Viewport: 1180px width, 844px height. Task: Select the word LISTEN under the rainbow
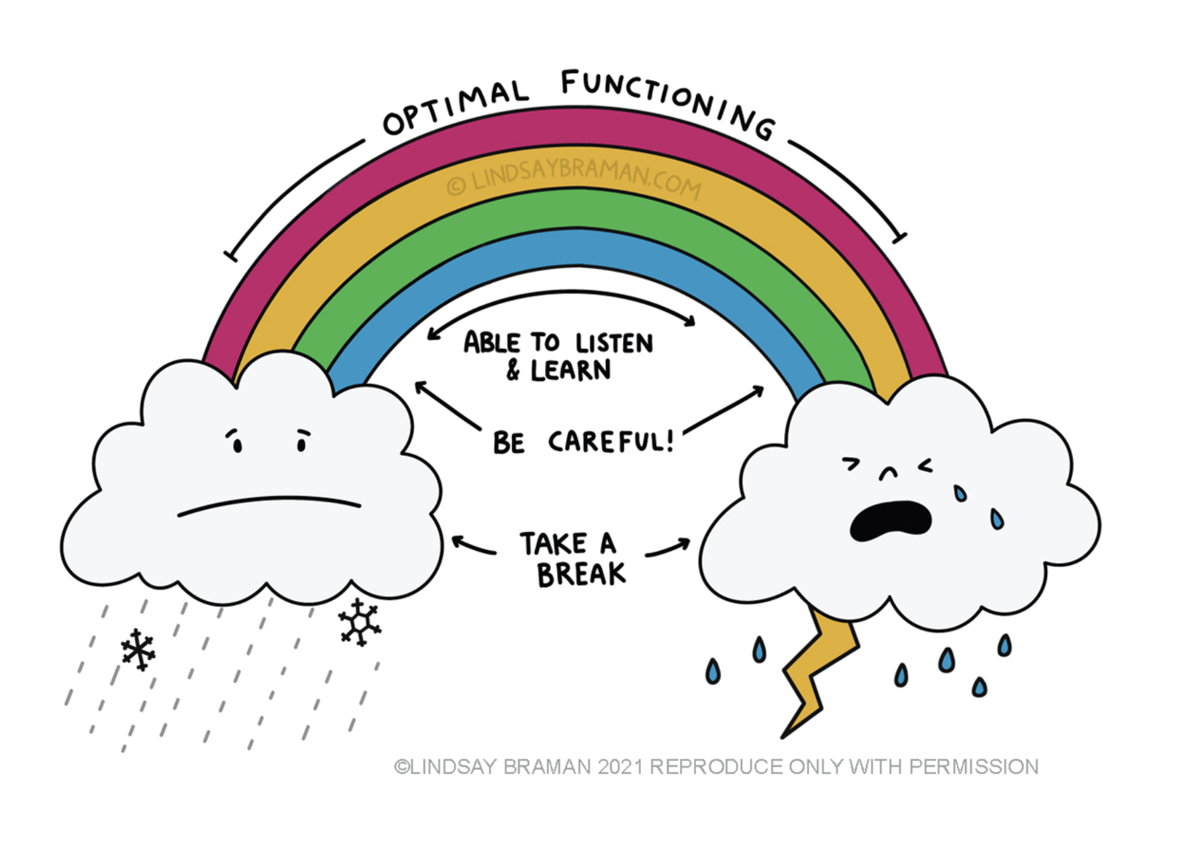tap(614, 343)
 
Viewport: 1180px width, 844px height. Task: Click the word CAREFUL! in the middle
tap(611, 441)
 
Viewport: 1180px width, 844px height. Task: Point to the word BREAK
tap(581, 574)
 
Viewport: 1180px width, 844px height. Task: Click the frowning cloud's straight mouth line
tap(269, 505)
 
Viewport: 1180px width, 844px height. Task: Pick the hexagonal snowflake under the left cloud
tap(359, 622)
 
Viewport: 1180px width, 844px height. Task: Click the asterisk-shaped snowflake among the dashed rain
tap(138, 649)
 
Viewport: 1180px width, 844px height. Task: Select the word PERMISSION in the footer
tap(973, 766)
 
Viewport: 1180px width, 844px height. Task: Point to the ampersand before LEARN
tap(513, 370)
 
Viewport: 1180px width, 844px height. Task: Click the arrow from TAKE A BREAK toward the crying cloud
tap(667, 548)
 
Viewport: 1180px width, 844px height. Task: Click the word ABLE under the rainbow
tap(492, 343)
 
